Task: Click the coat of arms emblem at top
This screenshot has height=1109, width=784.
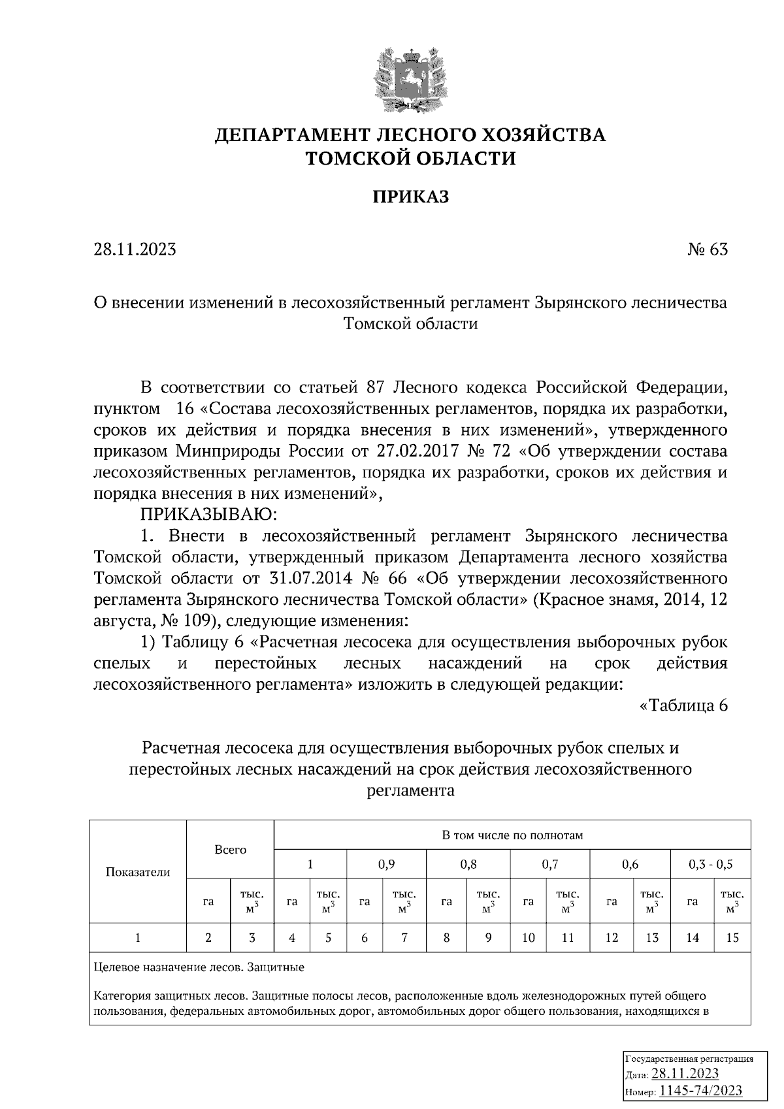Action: point(410,79)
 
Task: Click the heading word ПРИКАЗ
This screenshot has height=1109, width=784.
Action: point(411,197)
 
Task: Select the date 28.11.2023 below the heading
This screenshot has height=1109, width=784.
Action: point(135,249)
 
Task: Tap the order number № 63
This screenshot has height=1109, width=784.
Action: point(707,249)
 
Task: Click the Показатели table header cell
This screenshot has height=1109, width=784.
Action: point(138,872)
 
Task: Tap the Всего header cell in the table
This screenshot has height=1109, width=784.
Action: point(231,849)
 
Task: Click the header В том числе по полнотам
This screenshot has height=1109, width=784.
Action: point(512,835)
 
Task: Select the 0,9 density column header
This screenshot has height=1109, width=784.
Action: point(386,864)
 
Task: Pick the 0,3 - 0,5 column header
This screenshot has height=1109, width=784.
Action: point(710,864)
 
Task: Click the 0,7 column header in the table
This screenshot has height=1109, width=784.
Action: point(549,864)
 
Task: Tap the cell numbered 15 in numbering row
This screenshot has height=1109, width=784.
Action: point(732,938)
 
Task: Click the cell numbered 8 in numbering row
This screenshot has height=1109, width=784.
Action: point(446,938)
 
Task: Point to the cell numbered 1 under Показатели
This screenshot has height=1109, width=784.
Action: point(138,938)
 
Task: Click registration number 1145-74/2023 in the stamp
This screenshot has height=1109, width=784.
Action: point(700,1091)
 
